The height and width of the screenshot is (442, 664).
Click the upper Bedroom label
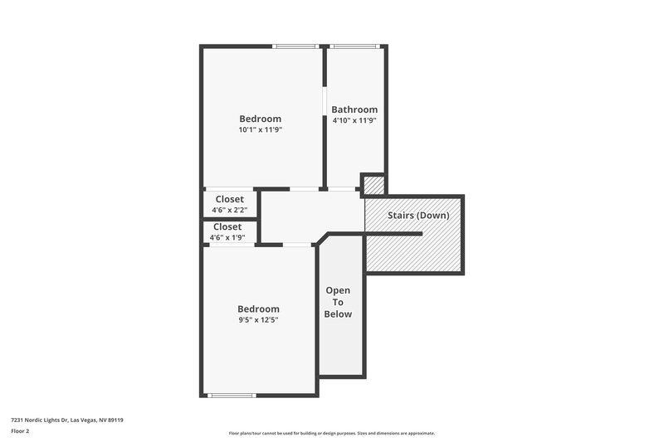click(x=261, y=119)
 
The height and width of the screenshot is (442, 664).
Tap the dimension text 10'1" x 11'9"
click(x=261, y=130)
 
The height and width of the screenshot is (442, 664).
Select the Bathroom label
click(x=354, y=109)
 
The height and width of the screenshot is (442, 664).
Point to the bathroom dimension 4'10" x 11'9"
click(x=354, y=121)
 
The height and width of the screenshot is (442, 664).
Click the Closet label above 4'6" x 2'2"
click(x=230, y=199)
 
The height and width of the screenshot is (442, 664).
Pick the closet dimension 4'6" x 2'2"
click(x=230, y=210)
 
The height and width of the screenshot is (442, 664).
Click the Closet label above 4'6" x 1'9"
click(x=227, y=226)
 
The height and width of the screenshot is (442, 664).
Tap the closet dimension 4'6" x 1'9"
click(x=227, y=238)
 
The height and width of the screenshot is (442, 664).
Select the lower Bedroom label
click(x=259, y=308)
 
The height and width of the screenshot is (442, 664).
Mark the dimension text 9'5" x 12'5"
click(x=259, y=320)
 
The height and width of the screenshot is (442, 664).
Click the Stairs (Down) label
click(x=418, y=216)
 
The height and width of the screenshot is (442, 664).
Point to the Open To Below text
click(x=338, y=302)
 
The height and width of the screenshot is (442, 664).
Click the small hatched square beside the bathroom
click(x=373, y=185)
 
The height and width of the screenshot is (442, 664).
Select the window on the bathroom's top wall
click(x=355, y=46)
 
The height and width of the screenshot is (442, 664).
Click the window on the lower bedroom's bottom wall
click(x=232, y=395)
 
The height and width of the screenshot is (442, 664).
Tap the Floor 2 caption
click(x=20, y=431)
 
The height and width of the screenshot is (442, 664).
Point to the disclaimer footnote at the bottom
click(x=331, y=433)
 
